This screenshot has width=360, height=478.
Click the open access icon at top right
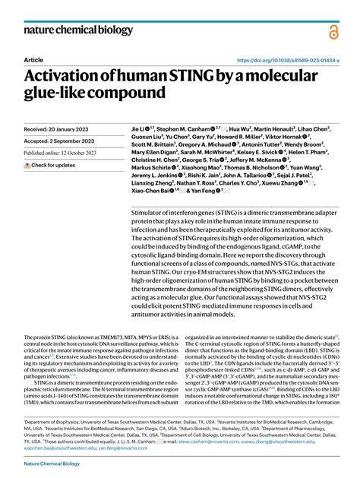pyautogui.click(x=333, y=32)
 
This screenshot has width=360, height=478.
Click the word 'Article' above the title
pyautogui.click(x=33, y=59)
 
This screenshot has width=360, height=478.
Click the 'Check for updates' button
pyautogui.click(x=50, y=165)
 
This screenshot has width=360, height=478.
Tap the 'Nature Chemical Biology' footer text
pyautogui.click(x=54, y=463)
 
